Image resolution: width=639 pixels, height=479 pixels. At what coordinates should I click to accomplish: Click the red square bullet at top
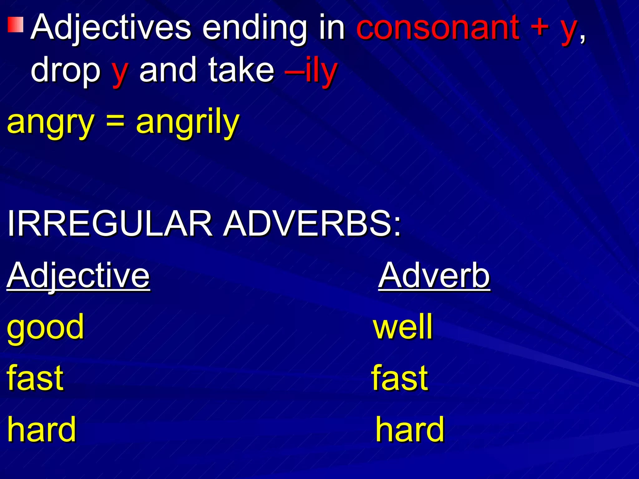point(16,25)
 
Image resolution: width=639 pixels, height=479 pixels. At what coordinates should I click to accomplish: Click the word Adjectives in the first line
point(111,28)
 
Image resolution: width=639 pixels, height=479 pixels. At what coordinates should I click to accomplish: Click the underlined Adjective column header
point(78,276)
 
